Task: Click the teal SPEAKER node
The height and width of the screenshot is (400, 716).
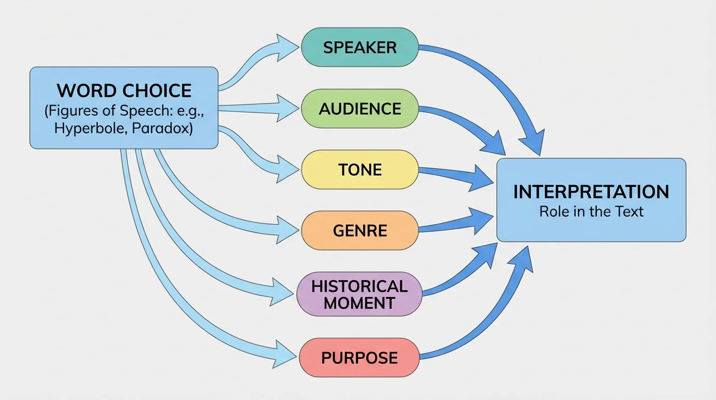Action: click(x=360, y=47)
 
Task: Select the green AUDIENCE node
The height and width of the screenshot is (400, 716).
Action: click(x=360, y=109)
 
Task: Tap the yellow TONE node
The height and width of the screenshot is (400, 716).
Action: click(x=360, y=170)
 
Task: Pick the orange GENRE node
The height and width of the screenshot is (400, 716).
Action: click(x=360, y=230)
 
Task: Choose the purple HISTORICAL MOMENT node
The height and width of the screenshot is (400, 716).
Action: click(x=360, y=294)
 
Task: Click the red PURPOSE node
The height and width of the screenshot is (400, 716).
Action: click(x=360, y=358)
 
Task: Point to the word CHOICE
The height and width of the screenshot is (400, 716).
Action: click(x=157, y=91)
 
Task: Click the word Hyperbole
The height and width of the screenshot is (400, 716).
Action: click(x=88, y=129)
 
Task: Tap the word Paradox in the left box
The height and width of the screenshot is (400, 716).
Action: click(x=162, y=129)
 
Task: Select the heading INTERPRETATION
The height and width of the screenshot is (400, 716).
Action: click(x=591, y=192)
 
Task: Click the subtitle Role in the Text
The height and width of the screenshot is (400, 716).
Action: click(x=591, y=211)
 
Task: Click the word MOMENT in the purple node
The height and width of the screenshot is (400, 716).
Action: click(x=360, y=303)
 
